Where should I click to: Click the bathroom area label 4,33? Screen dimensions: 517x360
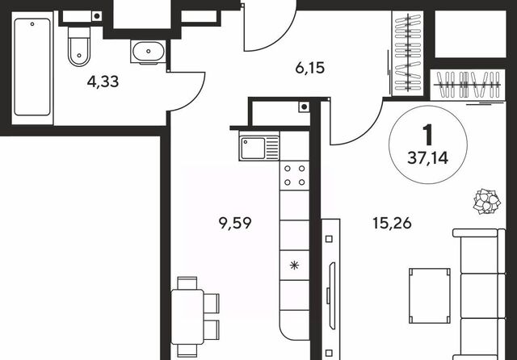(103, 82)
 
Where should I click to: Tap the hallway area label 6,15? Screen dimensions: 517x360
(310, 68)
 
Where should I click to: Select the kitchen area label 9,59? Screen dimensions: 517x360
(235, 223)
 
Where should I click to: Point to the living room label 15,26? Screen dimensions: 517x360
(392, 223)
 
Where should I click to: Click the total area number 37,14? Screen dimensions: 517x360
(428, 158)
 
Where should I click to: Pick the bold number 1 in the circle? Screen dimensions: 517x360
(428, 135)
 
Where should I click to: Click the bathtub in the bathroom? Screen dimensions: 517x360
(32, 67)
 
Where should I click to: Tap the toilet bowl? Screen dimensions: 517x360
(79, 47)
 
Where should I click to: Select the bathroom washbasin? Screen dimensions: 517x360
(149, 52)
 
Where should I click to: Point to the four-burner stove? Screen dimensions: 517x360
(294, 175)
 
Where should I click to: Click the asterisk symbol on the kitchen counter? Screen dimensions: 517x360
(294, 265)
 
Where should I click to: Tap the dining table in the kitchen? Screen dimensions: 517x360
(187, 316)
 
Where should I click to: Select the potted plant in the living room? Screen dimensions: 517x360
(487, 201)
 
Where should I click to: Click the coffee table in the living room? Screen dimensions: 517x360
(430, 295)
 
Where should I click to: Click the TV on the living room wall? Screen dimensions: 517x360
(331, 295)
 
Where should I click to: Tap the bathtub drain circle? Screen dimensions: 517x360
(32, 23)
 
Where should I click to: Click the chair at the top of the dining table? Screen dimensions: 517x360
(187, 283)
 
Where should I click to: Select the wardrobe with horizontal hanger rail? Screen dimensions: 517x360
(468, 85)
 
